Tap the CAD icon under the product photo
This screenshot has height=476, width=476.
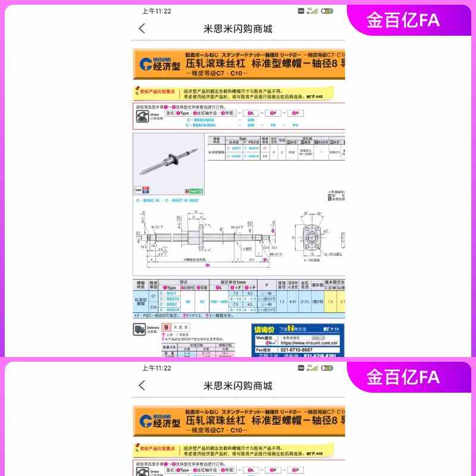click(138, 190)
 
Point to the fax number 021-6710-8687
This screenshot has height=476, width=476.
click(301, 350)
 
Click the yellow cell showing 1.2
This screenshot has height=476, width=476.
click(330, 302)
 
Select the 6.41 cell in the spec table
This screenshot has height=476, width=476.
click(293, 302)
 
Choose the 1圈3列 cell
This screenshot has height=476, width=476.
click(318, 302)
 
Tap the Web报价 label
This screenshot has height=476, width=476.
click(264, 337)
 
